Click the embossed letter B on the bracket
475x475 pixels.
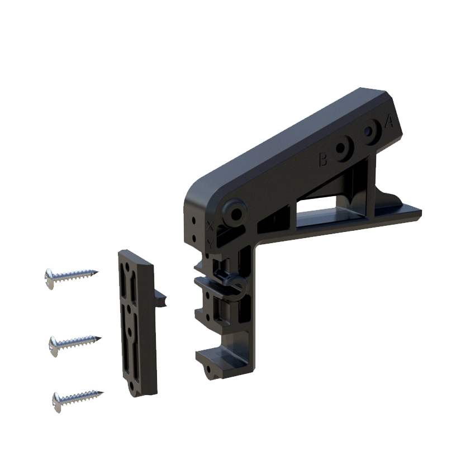[x=322, y=160]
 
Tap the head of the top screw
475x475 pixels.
[x=50, y=278]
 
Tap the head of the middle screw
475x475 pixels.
[x=54, y=345]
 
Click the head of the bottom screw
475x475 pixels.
[x=57, y=401]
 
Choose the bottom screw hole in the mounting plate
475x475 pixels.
[x=134, y=384]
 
